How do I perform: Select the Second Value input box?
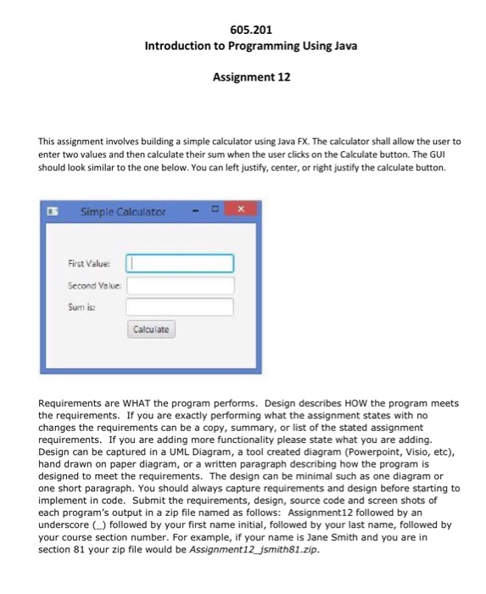click(x=180, y=284)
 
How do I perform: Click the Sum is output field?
click(x=180, y=305)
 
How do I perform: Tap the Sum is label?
click(x=81, y=306)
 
